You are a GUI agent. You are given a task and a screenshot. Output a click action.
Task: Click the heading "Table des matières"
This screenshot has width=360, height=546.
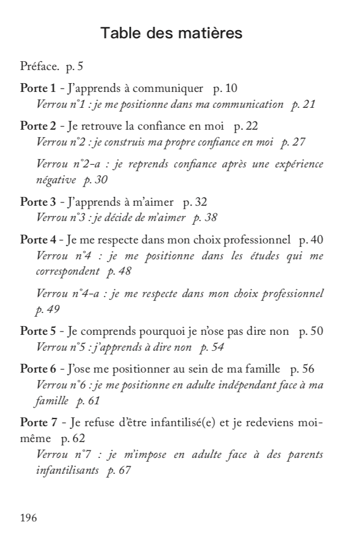pyautogui.click(x=172, y=33)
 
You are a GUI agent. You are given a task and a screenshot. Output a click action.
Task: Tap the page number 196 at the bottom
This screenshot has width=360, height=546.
pyautogui.click(x=28, y=517)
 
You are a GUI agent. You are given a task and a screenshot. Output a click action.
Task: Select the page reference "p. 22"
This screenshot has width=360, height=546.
pyautogui.click(x=246, y=126)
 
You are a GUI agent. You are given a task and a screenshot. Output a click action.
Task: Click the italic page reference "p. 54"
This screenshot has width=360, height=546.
pyautogui.click(x=212, y=347)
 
